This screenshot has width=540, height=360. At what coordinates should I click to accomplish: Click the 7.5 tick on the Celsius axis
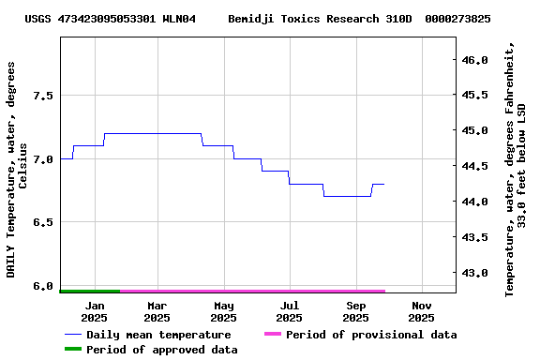point(42,96)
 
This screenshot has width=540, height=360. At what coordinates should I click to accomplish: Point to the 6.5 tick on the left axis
point(42,222)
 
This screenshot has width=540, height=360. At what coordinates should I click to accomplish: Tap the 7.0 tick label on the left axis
point(42,159)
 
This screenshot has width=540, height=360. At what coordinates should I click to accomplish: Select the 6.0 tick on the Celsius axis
point(42,286)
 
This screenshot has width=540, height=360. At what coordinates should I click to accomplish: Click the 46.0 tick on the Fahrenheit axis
point(475,60)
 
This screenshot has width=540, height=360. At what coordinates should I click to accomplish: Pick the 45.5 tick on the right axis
point(475,96)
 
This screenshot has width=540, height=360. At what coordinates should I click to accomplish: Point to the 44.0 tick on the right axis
point(475,202)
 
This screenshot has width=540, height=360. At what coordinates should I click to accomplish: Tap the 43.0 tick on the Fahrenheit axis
point(475,273)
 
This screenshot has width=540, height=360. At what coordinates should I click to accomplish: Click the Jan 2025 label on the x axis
point(95,311)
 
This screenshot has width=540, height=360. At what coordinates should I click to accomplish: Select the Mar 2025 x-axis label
point(157,311)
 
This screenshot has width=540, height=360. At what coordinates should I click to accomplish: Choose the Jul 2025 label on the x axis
point(290,311)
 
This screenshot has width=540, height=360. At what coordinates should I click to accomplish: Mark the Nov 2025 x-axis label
point(422,311)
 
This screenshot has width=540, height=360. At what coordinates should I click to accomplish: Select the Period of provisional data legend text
point(371,335)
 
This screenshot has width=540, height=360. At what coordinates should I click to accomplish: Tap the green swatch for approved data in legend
point(73,350)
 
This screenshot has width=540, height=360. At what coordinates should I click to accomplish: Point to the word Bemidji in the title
point(251,19)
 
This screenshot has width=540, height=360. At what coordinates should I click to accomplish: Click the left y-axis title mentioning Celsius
point(18,169)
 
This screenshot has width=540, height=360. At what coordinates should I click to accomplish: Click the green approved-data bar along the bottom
point(90,292)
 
